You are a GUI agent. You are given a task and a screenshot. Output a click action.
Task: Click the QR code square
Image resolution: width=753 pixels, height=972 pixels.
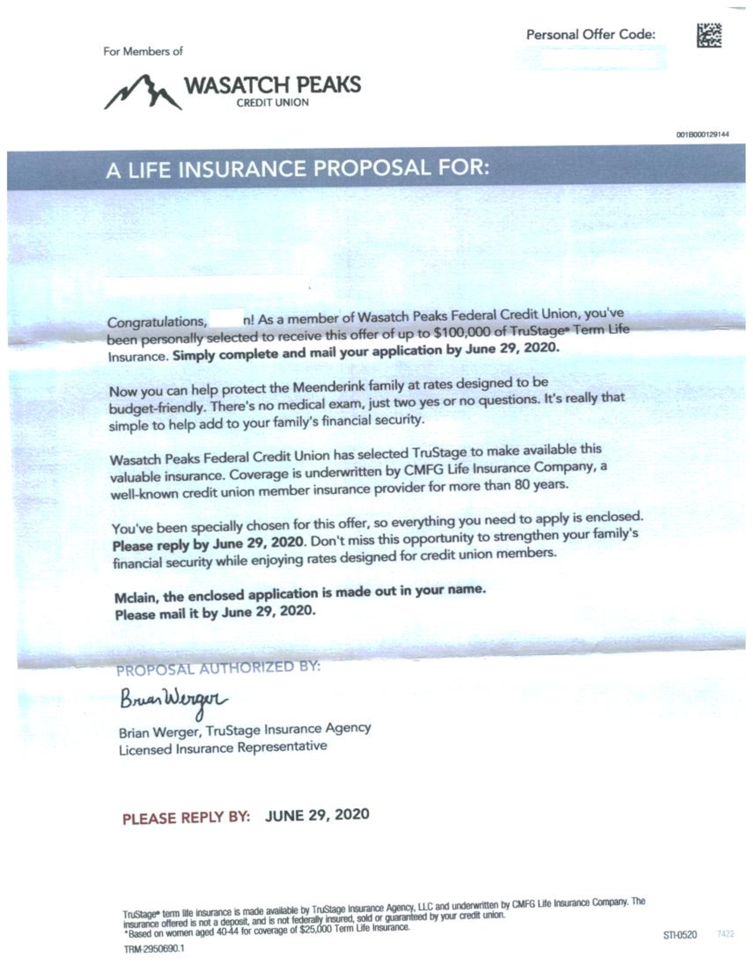[709, 36]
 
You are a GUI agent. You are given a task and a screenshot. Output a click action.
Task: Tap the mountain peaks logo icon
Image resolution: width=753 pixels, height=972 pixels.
[142, 92]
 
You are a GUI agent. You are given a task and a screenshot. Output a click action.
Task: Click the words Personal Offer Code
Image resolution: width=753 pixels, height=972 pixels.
[591, 35]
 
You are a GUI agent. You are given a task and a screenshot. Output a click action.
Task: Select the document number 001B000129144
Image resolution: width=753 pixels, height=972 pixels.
[702, 134]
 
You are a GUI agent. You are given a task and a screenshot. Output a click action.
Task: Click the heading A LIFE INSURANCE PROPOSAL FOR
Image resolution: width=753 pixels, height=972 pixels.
[297, 169]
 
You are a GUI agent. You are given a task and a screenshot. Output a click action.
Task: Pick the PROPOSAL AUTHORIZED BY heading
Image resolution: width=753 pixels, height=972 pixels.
[218, 668]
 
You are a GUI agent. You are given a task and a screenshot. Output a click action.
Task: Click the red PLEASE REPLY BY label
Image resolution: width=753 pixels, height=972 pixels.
[186, 818]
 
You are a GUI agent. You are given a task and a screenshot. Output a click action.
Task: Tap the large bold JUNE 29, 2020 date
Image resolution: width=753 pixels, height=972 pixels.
[317, 815]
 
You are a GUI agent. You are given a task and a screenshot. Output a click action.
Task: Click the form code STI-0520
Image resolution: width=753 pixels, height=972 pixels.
[680, 935]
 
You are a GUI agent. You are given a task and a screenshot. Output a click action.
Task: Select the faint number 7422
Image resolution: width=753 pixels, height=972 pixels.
[725, 934]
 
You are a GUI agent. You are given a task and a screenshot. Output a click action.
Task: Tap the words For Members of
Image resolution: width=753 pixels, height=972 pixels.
[143, 52]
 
